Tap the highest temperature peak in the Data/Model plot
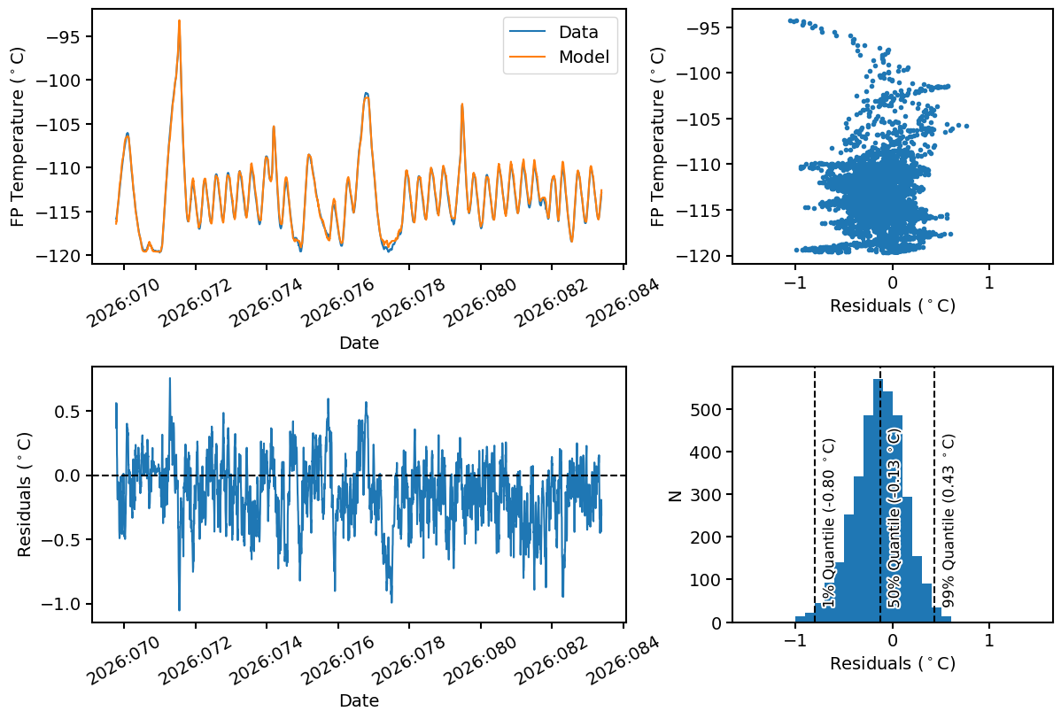tap(179, 21)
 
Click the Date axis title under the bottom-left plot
tap(359, 700)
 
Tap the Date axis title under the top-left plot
tap(359, 343)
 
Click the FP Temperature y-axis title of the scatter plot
tap(658, 137)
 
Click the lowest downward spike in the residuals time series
tap(179, 610)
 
